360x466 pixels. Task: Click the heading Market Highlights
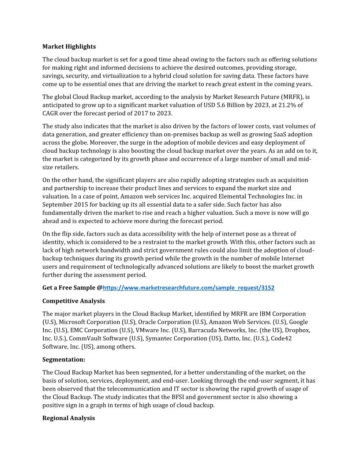tap(69, 46)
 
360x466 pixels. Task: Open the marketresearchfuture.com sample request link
tap(188, 288)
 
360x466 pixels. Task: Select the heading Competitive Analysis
tap(73, 301)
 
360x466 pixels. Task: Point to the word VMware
tap(149, 330)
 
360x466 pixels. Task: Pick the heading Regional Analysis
tap(68, 418)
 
